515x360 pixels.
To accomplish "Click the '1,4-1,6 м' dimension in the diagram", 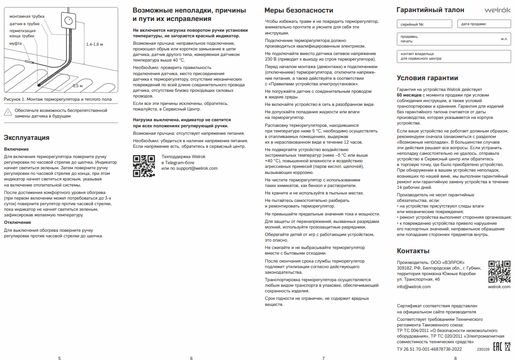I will click(94, 44).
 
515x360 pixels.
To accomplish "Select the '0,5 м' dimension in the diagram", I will click(77, 86).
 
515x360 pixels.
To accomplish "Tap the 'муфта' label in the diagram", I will click(15, 43).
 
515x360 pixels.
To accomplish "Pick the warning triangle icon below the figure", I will click(8, 111).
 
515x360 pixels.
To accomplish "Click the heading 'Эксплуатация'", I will click(27, 138).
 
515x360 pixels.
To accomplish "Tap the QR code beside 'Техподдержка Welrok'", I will click(144, 166).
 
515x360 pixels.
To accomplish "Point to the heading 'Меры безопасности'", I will click(299, 10).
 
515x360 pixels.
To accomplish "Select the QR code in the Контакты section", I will click(499, 271).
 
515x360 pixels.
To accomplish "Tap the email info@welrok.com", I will click(413, 287).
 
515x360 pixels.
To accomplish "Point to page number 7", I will click(323, 358).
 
